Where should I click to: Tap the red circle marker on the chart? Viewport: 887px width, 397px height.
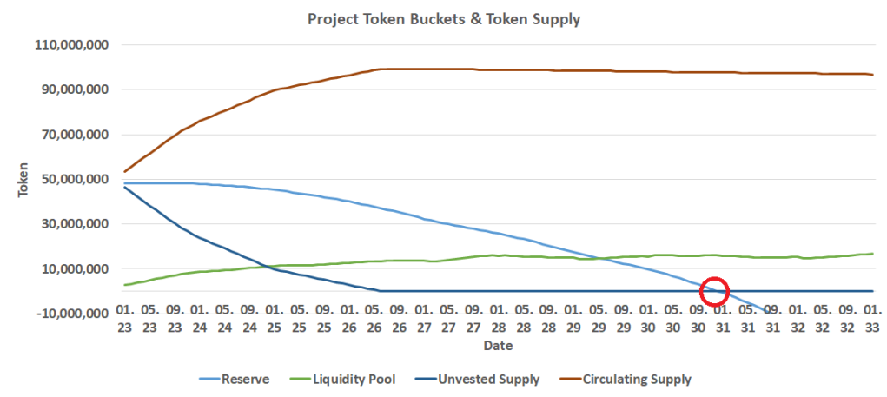[713, 291]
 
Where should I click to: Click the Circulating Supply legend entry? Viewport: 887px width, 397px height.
[637, 379]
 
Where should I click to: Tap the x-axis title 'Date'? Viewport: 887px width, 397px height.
[498, 346]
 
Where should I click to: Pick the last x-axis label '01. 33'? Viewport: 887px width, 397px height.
[873, 318]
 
